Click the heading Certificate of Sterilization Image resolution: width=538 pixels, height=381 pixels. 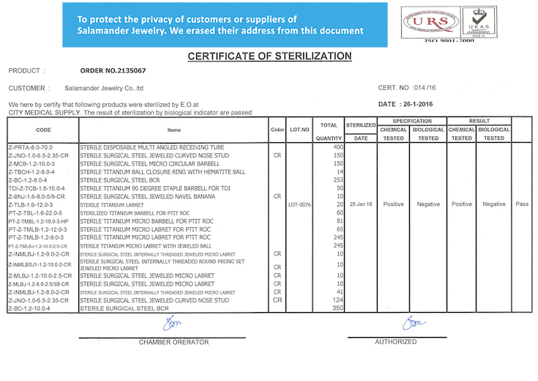[269, 56]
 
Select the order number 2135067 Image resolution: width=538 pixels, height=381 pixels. [112, 71]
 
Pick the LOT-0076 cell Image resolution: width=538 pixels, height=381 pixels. [300, 204]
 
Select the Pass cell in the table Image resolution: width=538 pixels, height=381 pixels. [521, 204]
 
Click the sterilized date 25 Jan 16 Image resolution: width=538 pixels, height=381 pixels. [360, 204]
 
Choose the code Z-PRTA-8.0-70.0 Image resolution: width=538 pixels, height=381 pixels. [30, 147]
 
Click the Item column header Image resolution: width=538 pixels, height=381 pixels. [173, 130]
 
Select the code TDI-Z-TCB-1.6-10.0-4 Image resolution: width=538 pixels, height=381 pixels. [37, 188]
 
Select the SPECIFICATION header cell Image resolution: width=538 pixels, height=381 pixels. [411, 121]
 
